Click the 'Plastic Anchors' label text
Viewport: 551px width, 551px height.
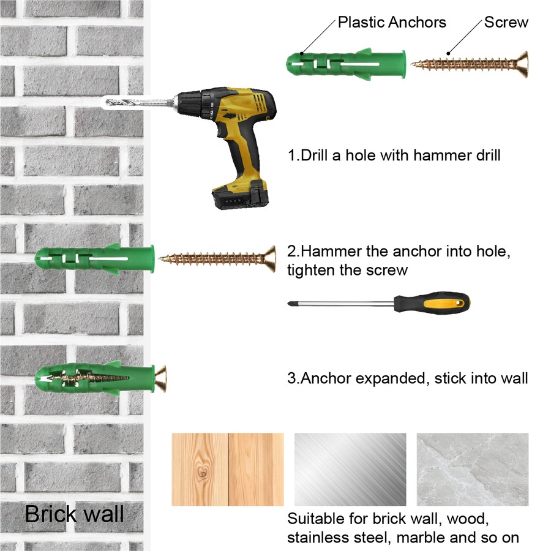[x=392, y=22]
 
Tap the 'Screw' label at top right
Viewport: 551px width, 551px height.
[x=506, y=22]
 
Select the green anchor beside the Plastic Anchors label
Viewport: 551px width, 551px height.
[x=346, y=64]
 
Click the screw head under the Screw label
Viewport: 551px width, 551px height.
[x=522, y=64]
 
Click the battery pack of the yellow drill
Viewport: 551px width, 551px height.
[x=241, y=195]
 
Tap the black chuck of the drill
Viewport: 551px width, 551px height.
[x=192, y=102]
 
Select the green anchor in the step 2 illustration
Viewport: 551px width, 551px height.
[x=94, y=258]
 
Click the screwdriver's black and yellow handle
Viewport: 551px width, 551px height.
[x=432, y=302]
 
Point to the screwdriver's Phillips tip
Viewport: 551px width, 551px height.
[x=290, y=303]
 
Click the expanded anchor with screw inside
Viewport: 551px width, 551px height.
[x=100, y=379]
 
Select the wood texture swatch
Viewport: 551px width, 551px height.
[x=227, y=470]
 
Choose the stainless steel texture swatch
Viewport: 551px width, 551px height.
[x=350, y=470]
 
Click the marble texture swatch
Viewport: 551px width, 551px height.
[x=473, y=470]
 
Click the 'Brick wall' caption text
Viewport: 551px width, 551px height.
[x=74, y=514]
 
